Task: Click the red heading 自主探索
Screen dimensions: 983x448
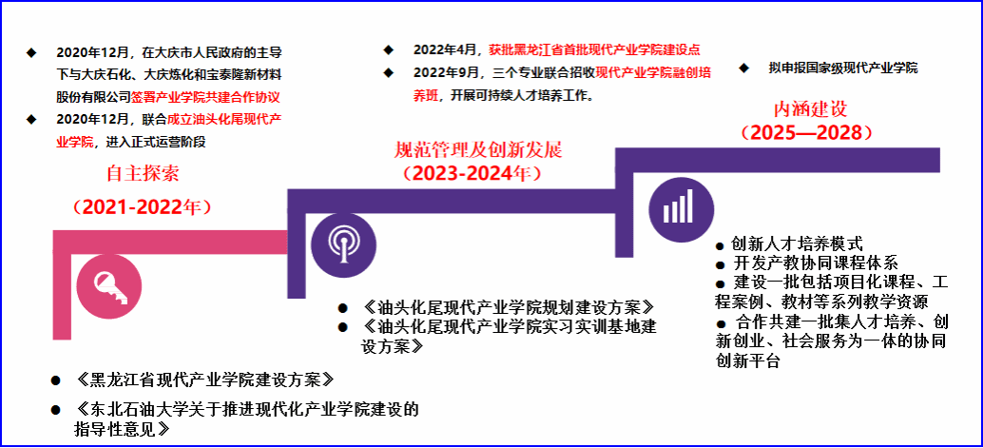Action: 143,173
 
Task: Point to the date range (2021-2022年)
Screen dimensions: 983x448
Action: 142,206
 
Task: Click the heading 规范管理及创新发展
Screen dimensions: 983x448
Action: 478,150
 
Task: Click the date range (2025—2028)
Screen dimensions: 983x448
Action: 806,133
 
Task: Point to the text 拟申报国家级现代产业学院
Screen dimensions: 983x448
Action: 842,68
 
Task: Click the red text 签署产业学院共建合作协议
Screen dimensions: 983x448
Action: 205,97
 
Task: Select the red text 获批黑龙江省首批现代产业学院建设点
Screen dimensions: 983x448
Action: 595,49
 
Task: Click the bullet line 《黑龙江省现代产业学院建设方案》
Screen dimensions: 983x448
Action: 202,380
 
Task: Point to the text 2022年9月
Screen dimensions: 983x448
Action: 447,72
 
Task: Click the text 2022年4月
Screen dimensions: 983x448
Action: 447,49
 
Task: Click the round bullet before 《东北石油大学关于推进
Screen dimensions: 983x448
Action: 56,410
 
